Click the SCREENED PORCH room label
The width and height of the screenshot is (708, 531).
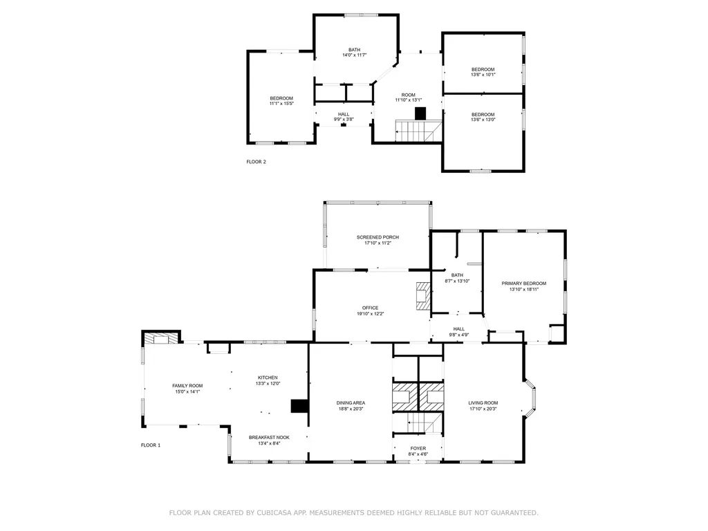click(378, 237)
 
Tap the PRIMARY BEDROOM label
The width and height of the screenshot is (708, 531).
click(523, 283)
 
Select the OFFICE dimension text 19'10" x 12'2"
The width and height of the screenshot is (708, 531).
click(370, 314)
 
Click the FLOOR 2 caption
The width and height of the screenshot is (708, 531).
click(256, 162)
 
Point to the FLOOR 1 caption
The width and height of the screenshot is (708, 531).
click(150, 445)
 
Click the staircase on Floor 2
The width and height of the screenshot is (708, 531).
click(418, 129)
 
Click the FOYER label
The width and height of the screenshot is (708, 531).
click(418, 448)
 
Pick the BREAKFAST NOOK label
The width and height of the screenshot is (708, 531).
click(269, 438)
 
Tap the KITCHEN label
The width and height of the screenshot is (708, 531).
click(268, 378)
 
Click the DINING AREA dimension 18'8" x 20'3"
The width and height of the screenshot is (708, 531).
click(351, 409)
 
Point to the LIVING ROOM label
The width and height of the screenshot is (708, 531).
click(483, 403)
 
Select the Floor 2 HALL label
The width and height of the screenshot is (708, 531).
click(344, 114)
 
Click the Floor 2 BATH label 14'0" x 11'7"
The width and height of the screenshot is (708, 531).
click(354, 55)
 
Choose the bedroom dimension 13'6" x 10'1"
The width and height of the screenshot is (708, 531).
click(483, 75)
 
